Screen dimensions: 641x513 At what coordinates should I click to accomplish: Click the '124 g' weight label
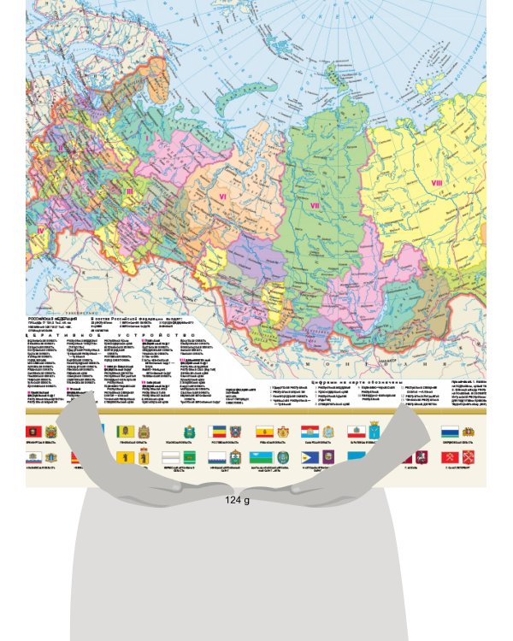(x=237, y=500)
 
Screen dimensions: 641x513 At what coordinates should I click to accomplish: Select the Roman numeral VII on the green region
(x=314, y=205)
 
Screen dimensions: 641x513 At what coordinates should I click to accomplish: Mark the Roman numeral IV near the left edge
(x=40, y=229)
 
